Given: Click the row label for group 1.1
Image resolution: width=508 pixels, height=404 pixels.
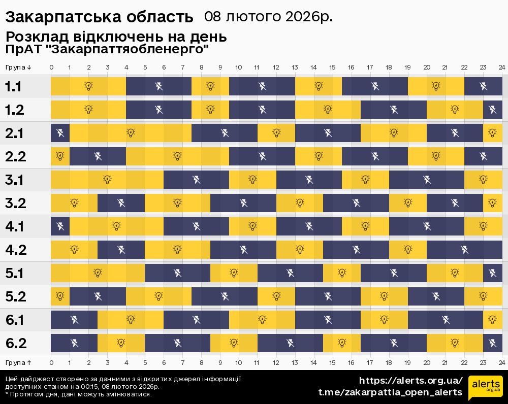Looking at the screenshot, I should [13, 87].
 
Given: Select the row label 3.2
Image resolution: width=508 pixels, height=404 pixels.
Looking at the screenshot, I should [15, 204].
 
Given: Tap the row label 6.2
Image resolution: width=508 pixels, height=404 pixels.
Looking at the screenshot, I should [15, 344].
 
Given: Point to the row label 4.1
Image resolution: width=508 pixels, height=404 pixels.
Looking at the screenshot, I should [15, 227].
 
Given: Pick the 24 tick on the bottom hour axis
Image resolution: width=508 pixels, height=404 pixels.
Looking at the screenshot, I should [501, 362].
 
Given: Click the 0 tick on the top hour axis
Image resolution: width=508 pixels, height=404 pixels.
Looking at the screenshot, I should [51, 68].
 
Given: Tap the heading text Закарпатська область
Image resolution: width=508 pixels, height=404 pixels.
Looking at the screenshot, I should [99, 17].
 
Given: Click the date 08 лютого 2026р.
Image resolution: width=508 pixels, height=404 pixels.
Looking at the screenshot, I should [269, 17].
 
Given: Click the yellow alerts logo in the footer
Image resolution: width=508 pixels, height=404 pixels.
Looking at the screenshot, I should [485, 388].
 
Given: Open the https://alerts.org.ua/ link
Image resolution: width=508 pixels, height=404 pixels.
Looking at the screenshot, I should [410, 381].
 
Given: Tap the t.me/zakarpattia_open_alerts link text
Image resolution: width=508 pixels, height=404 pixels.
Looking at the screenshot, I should [390, 392].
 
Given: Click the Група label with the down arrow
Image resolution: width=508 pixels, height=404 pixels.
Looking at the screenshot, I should [19, 68].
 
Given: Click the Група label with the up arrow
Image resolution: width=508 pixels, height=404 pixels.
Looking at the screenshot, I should [19, 362].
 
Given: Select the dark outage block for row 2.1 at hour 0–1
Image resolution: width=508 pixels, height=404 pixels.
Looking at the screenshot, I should [60, 133].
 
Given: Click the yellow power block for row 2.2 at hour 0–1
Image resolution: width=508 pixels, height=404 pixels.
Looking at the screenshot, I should [60, 157].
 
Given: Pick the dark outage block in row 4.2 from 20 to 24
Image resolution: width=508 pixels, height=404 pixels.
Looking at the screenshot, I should [464, 250].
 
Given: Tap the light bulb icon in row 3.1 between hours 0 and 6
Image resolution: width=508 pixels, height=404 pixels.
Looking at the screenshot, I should [107, 180].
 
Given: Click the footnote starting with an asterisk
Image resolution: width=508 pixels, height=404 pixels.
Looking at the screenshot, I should [78, 394].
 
